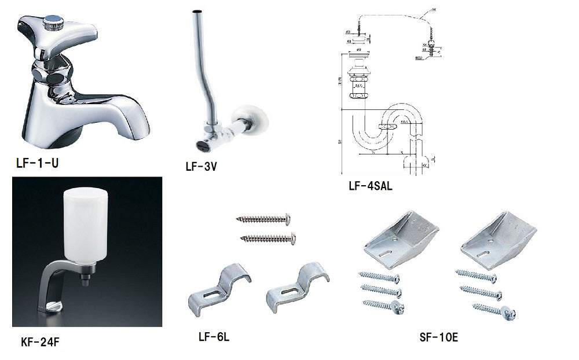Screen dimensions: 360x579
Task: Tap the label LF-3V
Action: pyautogui.click(x=201, y=167)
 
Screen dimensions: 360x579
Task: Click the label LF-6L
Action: pyautogui.click(x=214, y=337)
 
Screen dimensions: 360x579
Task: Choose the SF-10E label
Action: pyautogui.click(x=439, y=337)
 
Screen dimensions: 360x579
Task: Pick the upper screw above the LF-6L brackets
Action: pyautogui.click(x=263, y=219)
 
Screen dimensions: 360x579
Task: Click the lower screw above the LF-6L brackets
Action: pyautogui.click(x=268, y=238)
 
